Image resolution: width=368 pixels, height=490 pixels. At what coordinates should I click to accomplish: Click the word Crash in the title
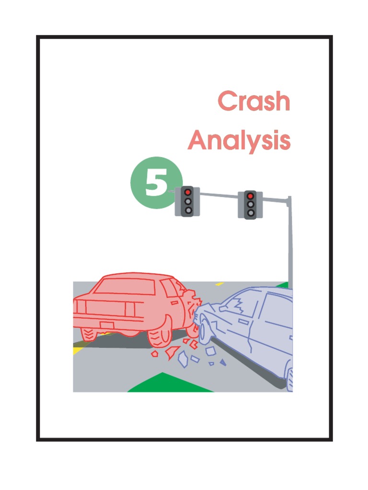click(254, 100)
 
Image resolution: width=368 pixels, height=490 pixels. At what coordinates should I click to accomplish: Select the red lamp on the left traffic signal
click(188, 192)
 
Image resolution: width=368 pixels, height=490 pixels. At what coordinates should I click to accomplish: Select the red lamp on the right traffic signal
click(250, 196)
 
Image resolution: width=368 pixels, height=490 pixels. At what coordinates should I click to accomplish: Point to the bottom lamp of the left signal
click(188, 211)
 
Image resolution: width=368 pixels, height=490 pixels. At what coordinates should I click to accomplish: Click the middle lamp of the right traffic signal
click(250, 204)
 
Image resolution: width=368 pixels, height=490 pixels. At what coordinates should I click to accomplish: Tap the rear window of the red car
click(125, 286)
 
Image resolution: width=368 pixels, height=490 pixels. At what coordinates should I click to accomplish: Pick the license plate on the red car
click(107, 325)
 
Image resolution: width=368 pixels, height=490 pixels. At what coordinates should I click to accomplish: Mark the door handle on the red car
click(174, 303)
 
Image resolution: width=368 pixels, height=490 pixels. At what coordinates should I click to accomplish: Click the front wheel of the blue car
click(204, 330)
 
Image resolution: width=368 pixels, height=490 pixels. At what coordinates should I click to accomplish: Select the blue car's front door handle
click(243, 322)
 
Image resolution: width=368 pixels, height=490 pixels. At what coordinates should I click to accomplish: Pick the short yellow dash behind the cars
click(219, 284)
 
